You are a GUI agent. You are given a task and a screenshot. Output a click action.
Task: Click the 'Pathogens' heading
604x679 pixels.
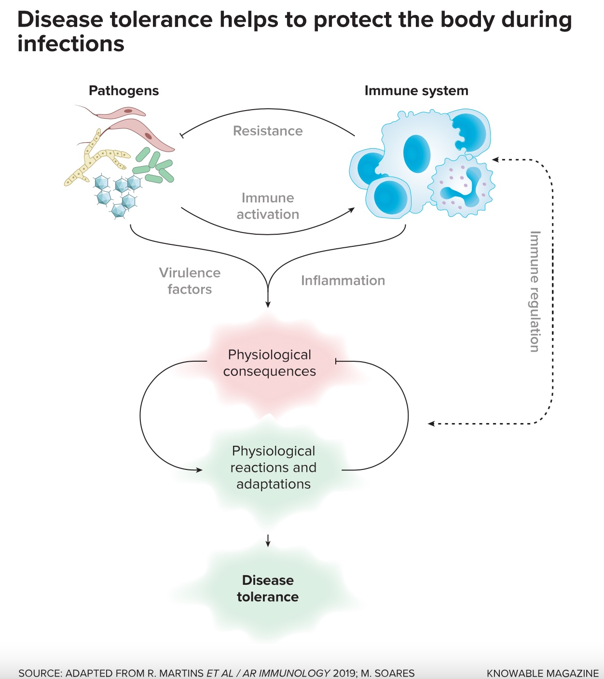124,91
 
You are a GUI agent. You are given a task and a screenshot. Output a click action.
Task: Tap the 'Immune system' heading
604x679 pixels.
416,91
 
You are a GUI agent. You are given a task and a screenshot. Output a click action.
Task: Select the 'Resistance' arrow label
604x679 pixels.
268,131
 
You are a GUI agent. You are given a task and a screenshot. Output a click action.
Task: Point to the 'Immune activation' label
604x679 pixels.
268,206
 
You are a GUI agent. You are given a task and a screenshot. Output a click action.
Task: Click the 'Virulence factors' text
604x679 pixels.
190,281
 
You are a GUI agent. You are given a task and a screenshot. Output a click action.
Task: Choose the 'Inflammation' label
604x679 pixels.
343,281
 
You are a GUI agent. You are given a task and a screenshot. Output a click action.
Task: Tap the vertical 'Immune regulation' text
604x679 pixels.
535,291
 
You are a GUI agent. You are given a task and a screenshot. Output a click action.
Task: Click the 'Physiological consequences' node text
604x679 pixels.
269,363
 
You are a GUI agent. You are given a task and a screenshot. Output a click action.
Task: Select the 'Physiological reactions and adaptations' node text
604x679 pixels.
273,467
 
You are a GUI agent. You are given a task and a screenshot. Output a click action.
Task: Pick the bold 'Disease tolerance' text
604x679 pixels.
268,589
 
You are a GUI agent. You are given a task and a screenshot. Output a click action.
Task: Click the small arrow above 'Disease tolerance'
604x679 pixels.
268,540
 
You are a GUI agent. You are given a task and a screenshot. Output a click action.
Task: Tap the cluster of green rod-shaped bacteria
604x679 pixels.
154,167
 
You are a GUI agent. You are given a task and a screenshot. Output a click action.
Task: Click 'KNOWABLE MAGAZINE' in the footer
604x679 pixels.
543,673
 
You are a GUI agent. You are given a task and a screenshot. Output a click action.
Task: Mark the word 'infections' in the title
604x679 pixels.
71,44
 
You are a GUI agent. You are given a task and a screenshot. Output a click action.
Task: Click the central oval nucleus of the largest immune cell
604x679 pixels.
416,154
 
